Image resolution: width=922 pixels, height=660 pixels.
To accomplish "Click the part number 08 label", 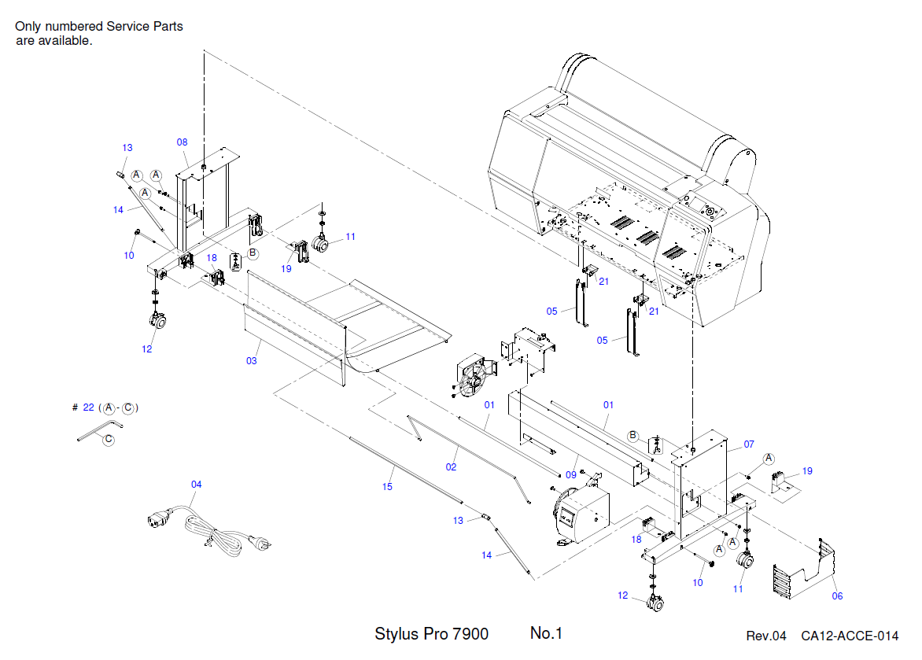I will pos(182,142).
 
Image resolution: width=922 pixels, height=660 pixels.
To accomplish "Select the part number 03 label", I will pos(252,361).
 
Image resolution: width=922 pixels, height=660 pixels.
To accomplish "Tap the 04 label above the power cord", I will pos(197,484).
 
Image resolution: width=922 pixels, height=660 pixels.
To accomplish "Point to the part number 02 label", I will pos(451,466).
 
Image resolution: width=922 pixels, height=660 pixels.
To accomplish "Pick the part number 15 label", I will pos(387,487).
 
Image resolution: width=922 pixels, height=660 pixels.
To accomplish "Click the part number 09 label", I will pos(571,474).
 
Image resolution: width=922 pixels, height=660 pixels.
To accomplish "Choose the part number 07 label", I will pos(749,444).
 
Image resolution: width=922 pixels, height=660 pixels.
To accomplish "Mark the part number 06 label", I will pos(837,595).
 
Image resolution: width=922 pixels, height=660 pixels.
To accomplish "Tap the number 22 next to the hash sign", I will pos(88,407).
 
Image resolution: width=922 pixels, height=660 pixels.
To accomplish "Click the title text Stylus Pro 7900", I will pos(431,634).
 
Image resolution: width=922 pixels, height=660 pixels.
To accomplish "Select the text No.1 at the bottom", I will pos(547,633).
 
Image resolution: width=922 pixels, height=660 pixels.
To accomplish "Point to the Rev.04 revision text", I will pos(765,636).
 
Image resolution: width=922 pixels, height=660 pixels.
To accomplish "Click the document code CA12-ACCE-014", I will pos(850,636).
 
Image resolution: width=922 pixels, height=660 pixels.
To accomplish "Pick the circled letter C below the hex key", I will pos(108,439).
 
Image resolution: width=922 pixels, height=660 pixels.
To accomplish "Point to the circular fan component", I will pos(474,378).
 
